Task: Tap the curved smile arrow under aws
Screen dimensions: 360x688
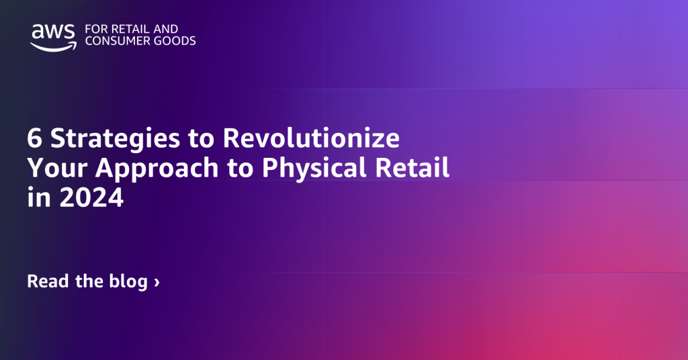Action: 52,46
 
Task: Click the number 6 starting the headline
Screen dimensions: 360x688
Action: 34,139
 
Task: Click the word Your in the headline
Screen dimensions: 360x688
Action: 52,169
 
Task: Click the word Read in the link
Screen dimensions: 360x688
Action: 48,281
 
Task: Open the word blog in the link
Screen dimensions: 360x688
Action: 128,282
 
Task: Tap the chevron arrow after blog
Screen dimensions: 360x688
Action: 157,282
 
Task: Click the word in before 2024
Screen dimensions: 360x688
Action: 37,198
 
